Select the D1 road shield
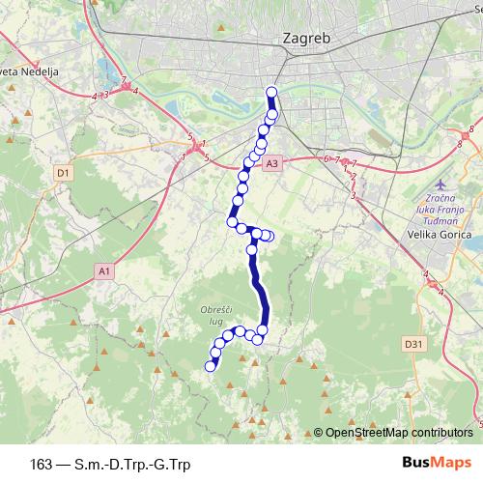pyautogui.click(x=63, y=173)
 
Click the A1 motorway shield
pyautogui.click(x=103, y=272)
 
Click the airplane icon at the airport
pyautogui.click(x=441, y=185)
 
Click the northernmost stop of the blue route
pyautogui.click(x=270, y=93)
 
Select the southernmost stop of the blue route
pyautogui.click(x=211, y=365)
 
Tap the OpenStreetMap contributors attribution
pyautogui.click(x=398, y=432)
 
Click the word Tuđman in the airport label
pyautogui.click(x=446, y=221)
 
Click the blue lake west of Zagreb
pyautogui.click(x=103, y=71)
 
